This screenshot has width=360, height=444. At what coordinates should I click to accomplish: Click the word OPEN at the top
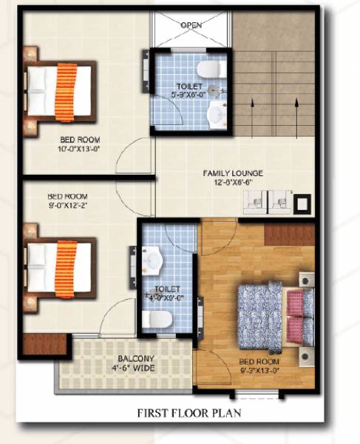click(191, 25)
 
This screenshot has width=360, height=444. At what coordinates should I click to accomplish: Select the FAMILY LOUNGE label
click(233, 174)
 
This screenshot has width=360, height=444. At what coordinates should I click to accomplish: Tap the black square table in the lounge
click(302, 202)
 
